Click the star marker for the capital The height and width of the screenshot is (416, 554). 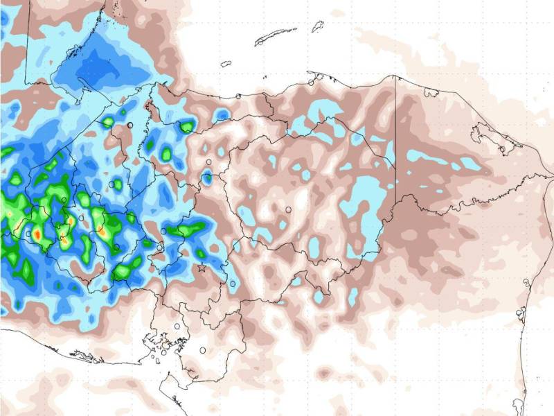point(202,267)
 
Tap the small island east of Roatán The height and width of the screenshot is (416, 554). point(318,26)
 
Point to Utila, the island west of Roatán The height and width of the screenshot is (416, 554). point(226,64)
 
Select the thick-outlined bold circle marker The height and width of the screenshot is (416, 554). point(130,124)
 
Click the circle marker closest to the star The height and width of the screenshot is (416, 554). point(161,246)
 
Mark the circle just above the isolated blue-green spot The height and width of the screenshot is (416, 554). point(208,162)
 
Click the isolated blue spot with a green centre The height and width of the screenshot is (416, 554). point(207,178)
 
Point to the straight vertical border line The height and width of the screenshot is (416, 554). point(395,139)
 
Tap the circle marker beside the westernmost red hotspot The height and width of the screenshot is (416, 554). point(28,234)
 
